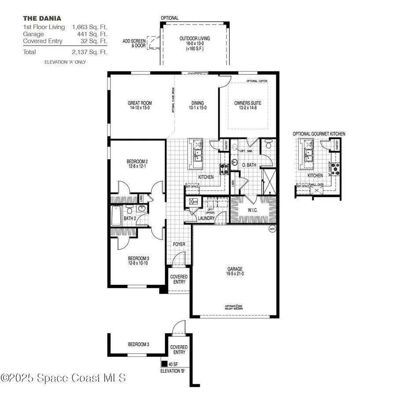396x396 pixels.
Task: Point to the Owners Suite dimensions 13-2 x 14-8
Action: tap(248, 108)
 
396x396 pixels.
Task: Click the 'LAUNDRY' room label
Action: tap(206, 218)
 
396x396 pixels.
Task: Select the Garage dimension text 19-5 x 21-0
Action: tap(235, 274)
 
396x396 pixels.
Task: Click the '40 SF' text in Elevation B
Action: tap(173, 364)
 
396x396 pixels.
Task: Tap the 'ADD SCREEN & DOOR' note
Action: tap(133, 43)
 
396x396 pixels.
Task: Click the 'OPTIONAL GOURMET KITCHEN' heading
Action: tap(319, 134)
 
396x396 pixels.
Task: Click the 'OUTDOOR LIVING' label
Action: tap(194, 38)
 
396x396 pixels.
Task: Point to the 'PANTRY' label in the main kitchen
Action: tap(226, 145)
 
